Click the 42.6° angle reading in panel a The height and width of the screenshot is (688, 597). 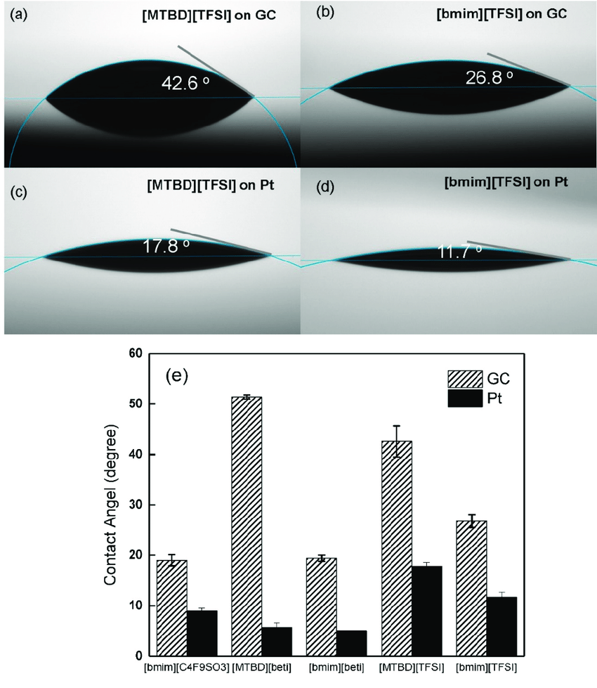pos(186,84)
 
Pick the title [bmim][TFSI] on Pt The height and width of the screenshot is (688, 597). pos(506,181)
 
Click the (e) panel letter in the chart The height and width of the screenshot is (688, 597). pos(177,374)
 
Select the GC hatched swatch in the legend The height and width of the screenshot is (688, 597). pos(467,379)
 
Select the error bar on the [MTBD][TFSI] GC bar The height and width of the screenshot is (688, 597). pos(397,441)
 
